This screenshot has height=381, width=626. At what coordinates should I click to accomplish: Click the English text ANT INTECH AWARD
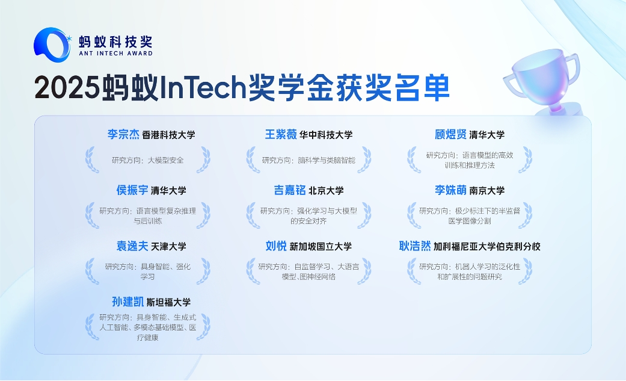(x=116, y=53)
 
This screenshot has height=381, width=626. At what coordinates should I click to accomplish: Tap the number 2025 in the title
(x=67, y=87)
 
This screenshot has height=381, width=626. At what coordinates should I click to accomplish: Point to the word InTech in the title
(x=202, y=87)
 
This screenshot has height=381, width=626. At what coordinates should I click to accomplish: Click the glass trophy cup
(x=544, y=81)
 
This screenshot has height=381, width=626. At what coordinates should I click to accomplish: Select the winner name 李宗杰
(x=123, y=134)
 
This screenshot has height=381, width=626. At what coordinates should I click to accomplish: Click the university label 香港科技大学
(x=168, y=135)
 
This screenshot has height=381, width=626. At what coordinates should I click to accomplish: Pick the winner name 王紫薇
(x=281, y=134)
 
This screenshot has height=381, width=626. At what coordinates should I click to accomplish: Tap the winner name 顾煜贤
(x=451, y=134)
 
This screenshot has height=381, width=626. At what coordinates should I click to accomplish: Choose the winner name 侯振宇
(x=132, y=190)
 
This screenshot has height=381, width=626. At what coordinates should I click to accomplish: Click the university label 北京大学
(x=326, y=191)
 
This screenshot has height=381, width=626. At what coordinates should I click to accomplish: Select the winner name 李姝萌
(x=451, y=190)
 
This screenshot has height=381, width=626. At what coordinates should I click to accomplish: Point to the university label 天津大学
(x=168, y=247)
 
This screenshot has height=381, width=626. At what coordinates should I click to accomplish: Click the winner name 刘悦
(x=276, y=246)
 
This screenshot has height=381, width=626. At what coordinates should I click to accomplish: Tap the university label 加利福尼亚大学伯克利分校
(x=487, y=247)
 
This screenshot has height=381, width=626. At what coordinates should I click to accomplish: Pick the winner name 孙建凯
(x=127, y=302)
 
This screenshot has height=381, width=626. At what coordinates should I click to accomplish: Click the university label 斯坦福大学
(x=168, y=302)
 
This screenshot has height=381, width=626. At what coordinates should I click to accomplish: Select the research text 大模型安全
(x=166, y=160)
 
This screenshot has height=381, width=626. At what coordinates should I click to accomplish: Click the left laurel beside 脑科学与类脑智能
(x=253, y=160)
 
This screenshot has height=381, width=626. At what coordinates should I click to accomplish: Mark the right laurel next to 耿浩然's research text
(x=526, y=271)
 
